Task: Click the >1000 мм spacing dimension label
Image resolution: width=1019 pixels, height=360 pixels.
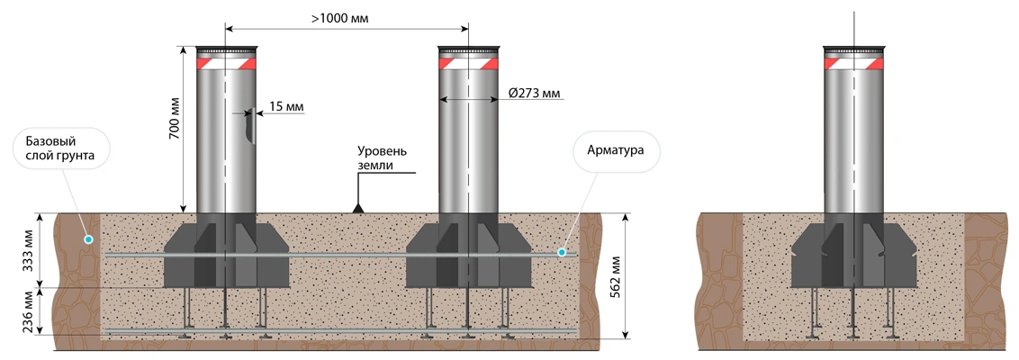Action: tap(345, 16)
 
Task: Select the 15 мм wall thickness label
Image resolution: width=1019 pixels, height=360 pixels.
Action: tap(286, 106)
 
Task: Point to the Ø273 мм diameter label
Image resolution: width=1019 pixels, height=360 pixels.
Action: tap(534, 93)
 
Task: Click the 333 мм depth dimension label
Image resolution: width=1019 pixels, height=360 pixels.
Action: tap(28, 250)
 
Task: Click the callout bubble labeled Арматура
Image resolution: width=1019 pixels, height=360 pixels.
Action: tap(617, 149)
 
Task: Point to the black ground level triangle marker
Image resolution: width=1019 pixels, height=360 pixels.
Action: tap(357, 209)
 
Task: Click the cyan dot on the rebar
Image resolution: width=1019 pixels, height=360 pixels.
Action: tap(562, 254)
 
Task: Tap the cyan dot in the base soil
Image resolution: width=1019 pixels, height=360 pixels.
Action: tap(87, 239)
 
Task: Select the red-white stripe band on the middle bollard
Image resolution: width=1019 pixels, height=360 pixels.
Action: tap(468, 64)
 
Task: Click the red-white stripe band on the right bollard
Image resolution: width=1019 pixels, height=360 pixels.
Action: tap(853, 64)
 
